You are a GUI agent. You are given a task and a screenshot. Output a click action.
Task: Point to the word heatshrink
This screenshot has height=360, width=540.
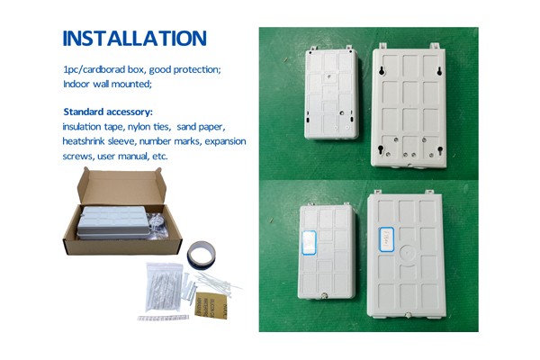(85, 141)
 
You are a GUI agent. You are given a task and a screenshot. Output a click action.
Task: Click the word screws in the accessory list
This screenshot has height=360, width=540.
(77, 156)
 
